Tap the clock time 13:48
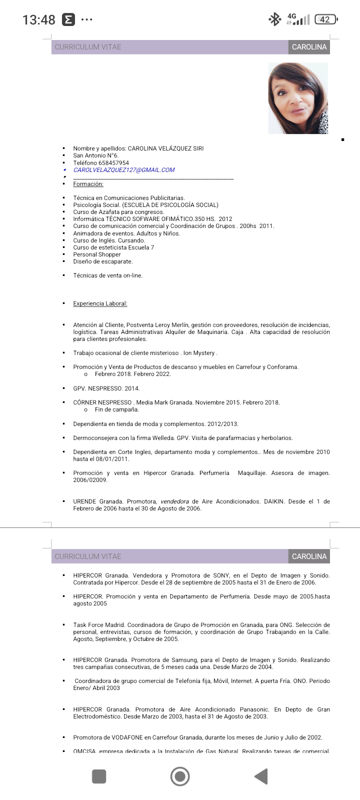38,19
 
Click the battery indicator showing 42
325,19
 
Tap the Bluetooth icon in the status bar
274,19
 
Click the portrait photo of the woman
298,98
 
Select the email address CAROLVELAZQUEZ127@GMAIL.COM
124,170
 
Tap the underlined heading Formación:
88,184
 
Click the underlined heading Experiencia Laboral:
100,303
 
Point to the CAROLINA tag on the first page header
309,47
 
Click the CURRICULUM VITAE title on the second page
88,556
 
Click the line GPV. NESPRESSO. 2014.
106,388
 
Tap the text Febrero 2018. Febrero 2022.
133,374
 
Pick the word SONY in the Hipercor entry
221,575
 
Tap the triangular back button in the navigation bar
261,776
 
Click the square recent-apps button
99,776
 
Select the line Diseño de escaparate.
103,261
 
